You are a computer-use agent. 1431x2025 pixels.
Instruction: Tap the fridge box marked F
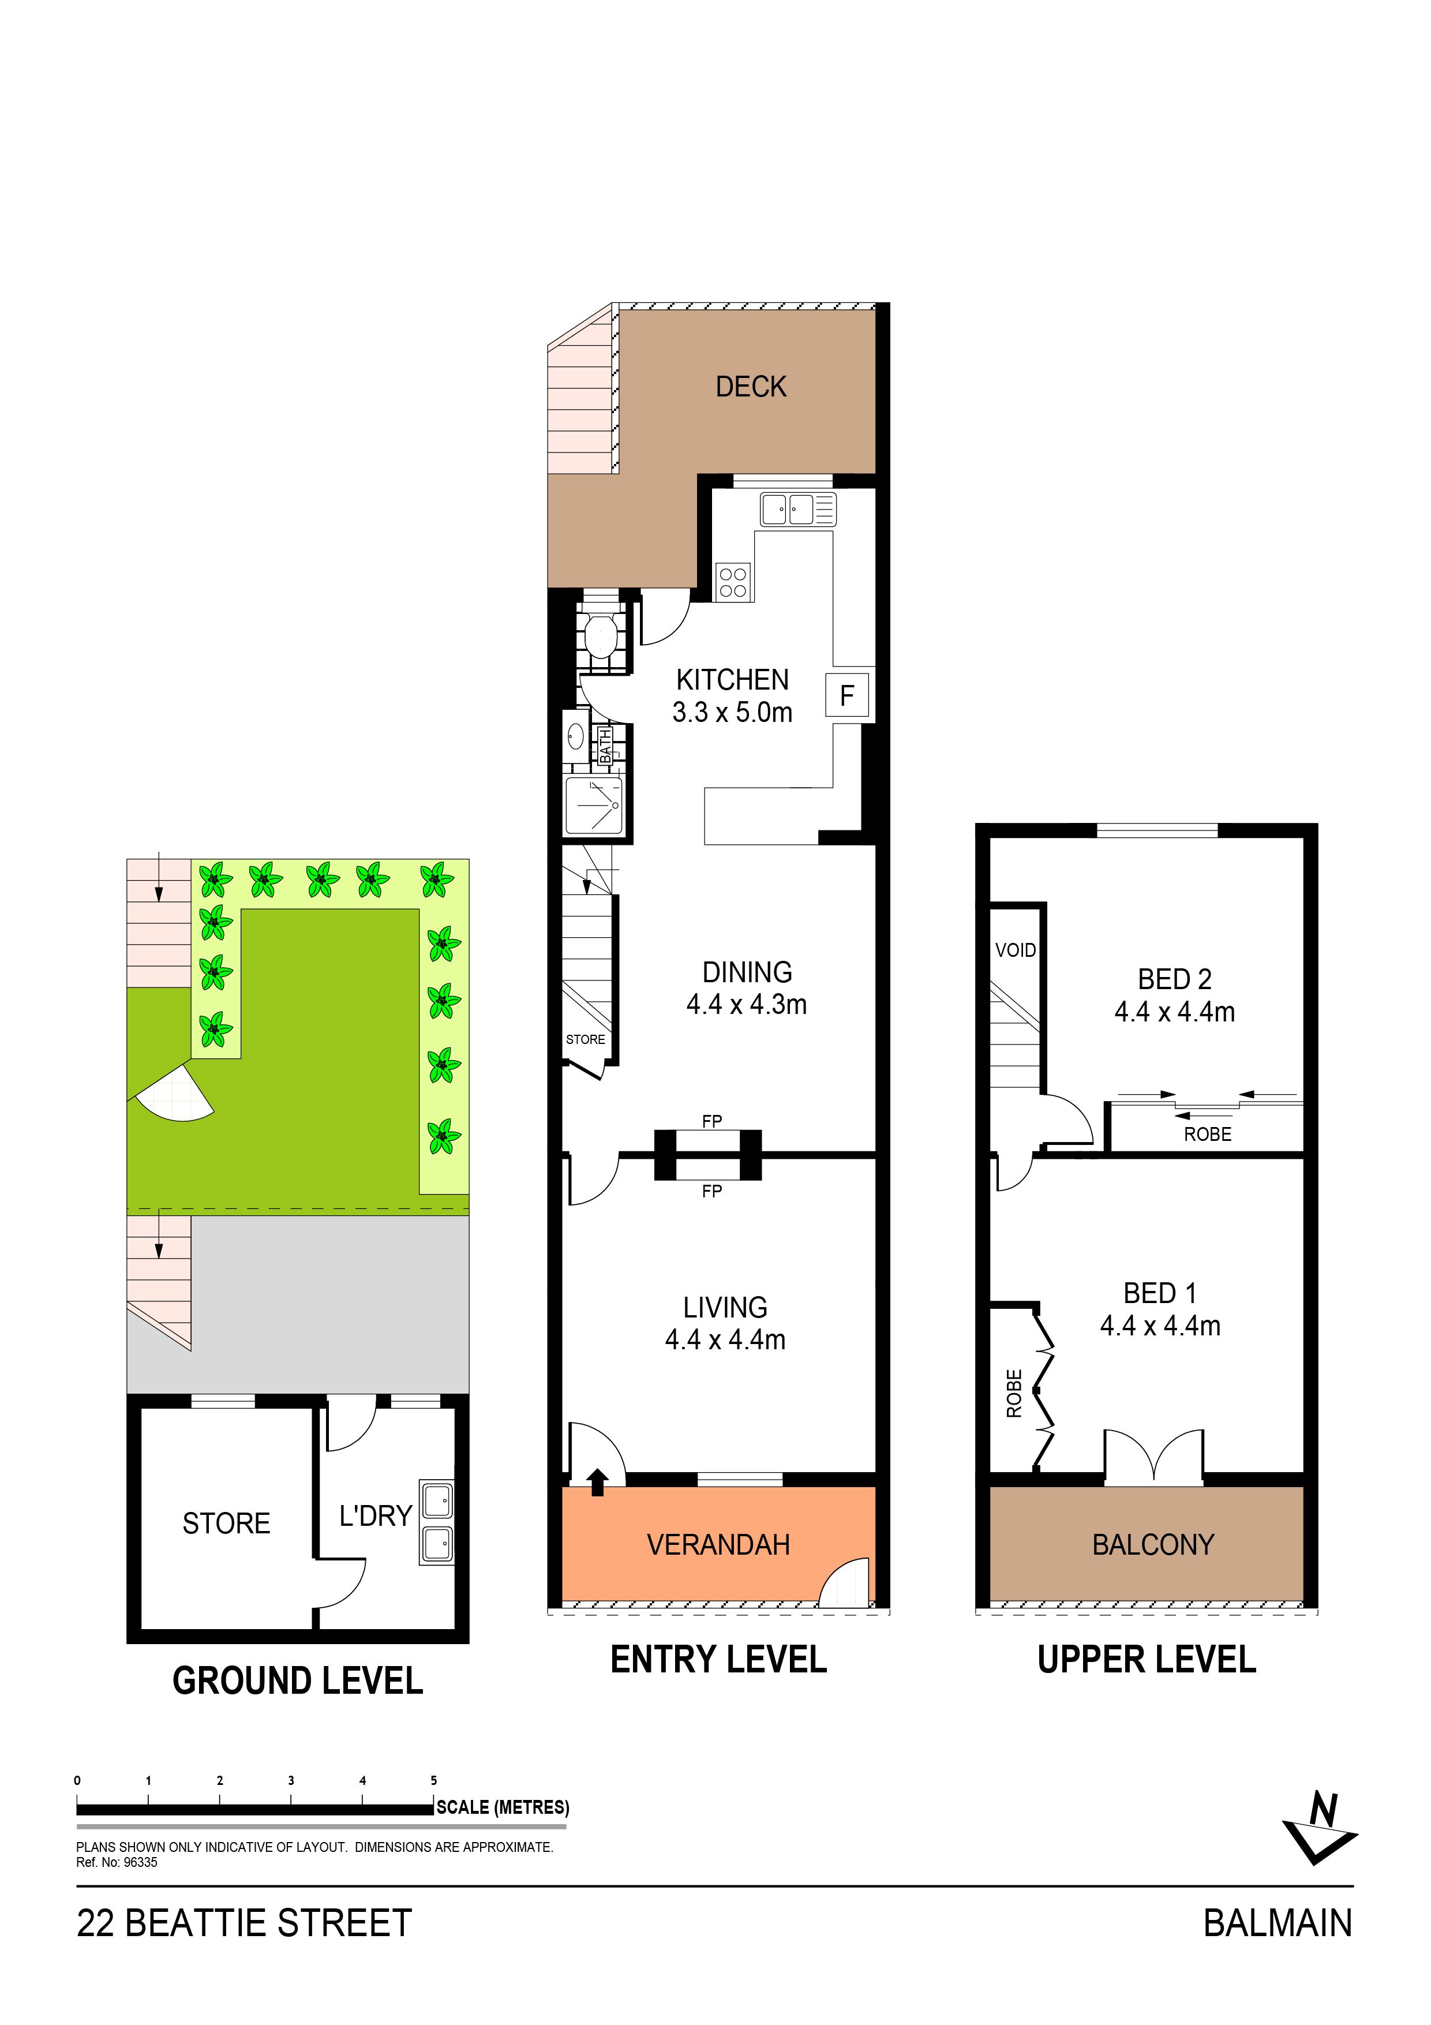pyautogui.click(x=846, y=696)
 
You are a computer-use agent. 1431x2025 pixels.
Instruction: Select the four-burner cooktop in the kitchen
pyautogui.click(x=733, y=582)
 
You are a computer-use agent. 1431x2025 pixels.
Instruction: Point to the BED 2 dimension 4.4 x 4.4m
pyautogui.click(x=1174, y=1012)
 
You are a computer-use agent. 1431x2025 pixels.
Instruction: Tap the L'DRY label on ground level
pyautogui.click(x=376, y=1515)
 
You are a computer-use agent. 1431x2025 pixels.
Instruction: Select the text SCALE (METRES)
pyautogui.click(x=503, y=1807)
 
